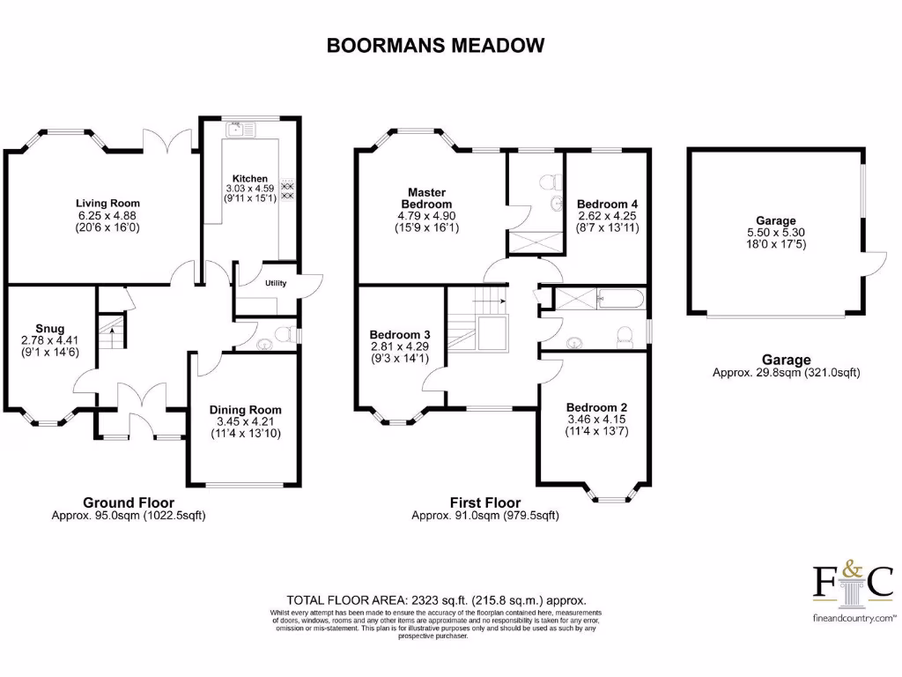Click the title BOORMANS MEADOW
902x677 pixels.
[436, 45]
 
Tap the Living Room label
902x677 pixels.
[107, 203]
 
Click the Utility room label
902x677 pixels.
[276, 284]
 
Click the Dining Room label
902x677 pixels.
[245, 409]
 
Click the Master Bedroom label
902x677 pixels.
[426, 198]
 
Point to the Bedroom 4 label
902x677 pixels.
[607, 204]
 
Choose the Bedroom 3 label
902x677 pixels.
[400, 335]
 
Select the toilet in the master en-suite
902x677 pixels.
[551, 181]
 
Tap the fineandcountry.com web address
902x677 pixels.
[852, 619]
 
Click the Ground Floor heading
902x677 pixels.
[129, 503]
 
